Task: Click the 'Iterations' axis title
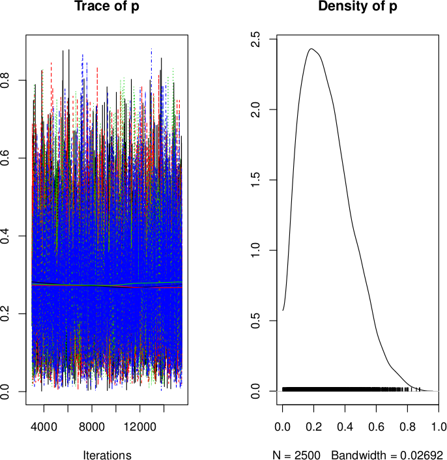pos(106,455)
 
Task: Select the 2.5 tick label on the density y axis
pos(259,38)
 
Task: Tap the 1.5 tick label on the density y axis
pos(259,180)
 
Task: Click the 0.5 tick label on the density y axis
pos(259,321)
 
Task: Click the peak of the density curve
pos(312,48)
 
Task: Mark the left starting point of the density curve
pos(283,310)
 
